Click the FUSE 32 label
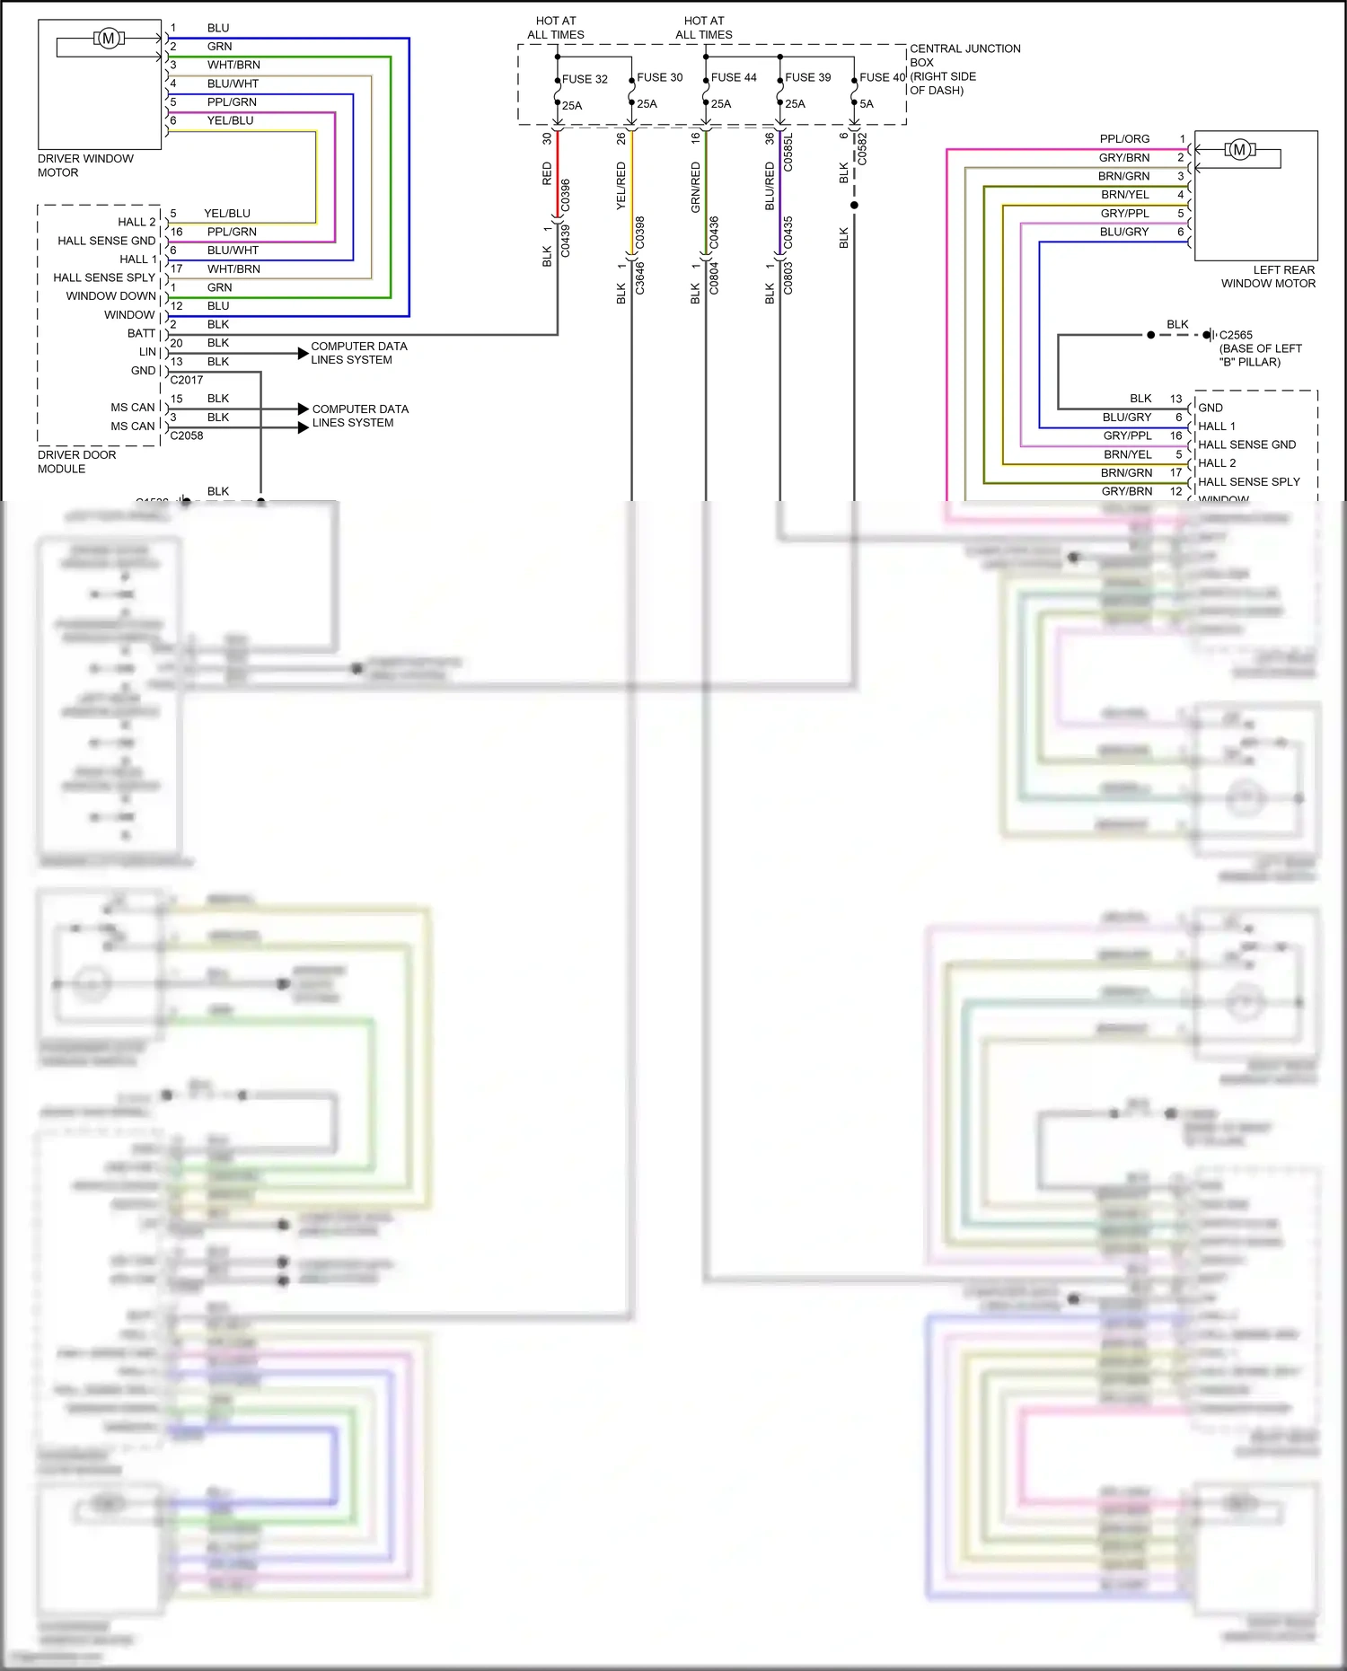coord(585,79)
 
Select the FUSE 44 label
coord(734,77)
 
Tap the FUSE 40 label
coord(882,77)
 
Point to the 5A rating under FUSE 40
coord(867,104)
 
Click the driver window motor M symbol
coord(109,38)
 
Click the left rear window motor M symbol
coord(1239,149)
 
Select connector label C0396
coord(565,195)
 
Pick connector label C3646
coord(640,277)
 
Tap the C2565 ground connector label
coord(1236,335)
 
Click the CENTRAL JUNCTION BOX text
coord(964,56)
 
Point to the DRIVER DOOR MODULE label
coord(76,462)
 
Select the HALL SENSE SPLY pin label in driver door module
coord(103,277)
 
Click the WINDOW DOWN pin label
coord(110,296)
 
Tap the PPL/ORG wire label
coord(1124,139)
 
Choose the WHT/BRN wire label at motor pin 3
coord(233,65)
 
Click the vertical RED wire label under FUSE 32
coord(547,173)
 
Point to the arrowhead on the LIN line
coord(304,353)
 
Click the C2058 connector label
coord(186,435)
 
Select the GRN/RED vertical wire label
coord(695,187)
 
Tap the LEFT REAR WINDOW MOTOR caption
coord(1268,277)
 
